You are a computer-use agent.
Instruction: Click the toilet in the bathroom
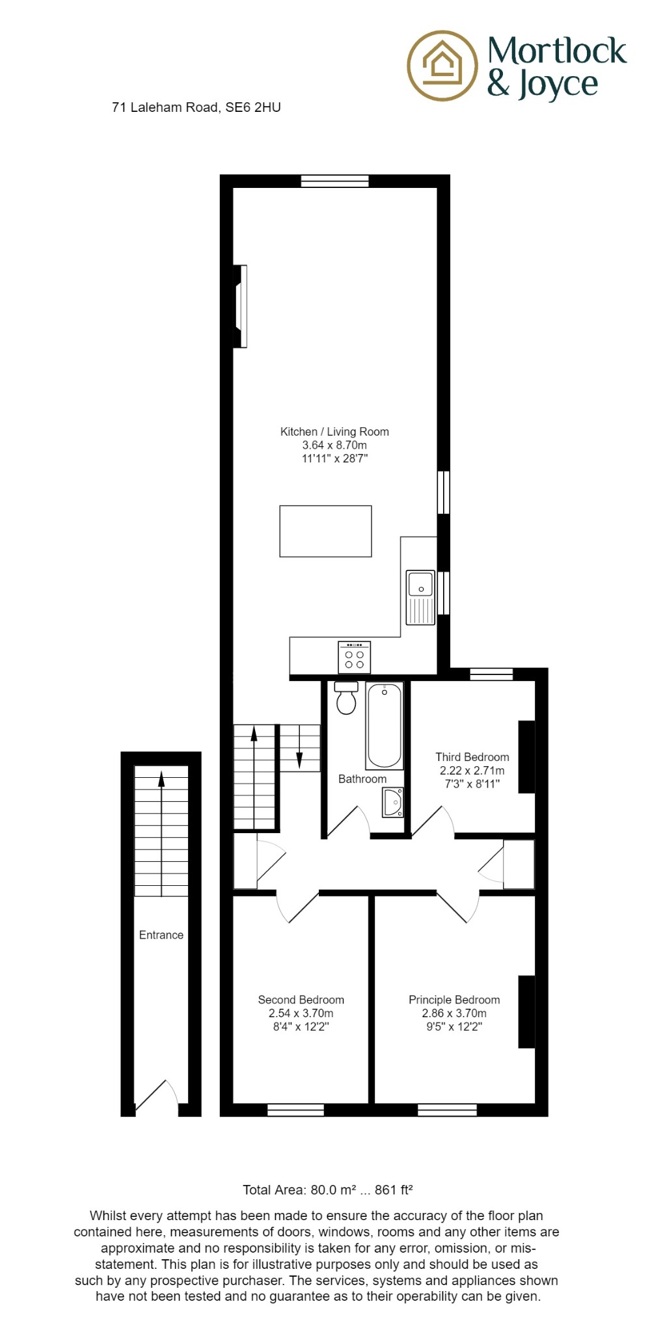[x=346, y=698]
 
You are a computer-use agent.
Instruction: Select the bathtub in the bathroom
[x=385, y=726]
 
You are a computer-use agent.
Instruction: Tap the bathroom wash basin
[x=392, y=803]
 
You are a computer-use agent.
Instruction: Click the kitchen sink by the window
[x=420, y=597]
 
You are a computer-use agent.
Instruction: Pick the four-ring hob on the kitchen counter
[x=355, y=658]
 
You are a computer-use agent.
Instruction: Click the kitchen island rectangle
[x=325, y=531]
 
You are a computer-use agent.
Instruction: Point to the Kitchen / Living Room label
[x=334, y=432]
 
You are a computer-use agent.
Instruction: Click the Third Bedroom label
[x=472, y=757]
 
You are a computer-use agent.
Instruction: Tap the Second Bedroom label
[x=301, y=1000]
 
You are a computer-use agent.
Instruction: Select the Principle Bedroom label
[x=454, y=1000]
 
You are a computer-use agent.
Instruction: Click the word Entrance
[x=161, y=935]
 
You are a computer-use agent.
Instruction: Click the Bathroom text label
[x=362, y=779]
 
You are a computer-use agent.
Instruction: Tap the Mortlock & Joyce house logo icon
[x=442, y=65]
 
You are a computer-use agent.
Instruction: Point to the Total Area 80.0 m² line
[x=328, y=1190]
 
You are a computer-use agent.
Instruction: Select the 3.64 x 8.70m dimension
[x=334, y=446]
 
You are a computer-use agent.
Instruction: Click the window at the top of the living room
[x=334, y=181]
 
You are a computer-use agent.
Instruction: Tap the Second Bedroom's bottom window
[x=295, y=1110]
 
